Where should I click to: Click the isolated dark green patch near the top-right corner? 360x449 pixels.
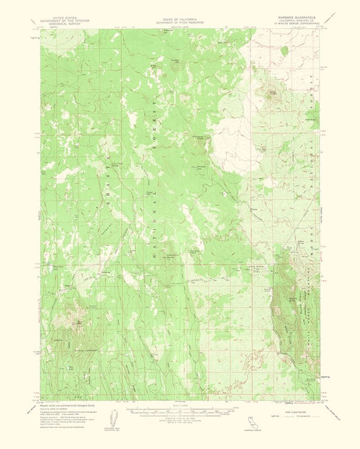coord(284,50)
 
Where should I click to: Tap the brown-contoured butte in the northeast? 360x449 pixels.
coord(274,94)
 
